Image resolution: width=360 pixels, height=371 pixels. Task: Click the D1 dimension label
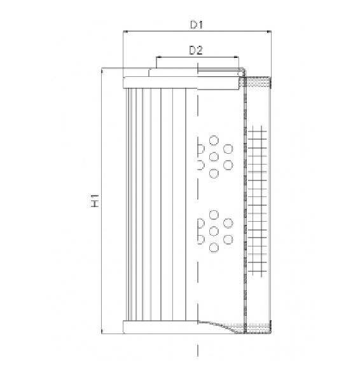click(197, 25)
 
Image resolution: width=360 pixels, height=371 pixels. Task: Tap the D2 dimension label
click(196, 50)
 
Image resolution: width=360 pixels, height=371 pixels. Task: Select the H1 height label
click(95, 203)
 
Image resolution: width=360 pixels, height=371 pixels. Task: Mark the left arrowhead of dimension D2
click(156, 57)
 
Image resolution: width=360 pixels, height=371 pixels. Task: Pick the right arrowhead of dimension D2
click(239, 57)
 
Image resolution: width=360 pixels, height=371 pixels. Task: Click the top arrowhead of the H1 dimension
click(102, 71)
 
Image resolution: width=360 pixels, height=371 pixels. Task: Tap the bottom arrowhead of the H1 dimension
click(102, 334)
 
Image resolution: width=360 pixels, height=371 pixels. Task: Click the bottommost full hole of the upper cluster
click(214, 173)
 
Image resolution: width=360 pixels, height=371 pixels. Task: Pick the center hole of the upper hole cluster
click(214, 156)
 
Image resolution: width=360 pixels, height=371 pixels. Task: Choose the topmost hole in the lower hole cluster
click(214, 214)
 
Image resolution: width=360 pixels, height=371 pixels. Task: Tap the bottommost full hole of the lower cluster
click(214, 246)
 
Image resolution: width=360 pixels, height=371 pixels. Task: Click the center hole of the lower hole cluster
click(214, 230)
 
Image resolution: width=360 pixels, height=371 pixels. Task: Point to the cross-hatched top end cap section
click(258, 81)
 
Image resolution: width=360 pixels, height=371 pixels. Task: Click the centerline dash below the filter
click(199, 349)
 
